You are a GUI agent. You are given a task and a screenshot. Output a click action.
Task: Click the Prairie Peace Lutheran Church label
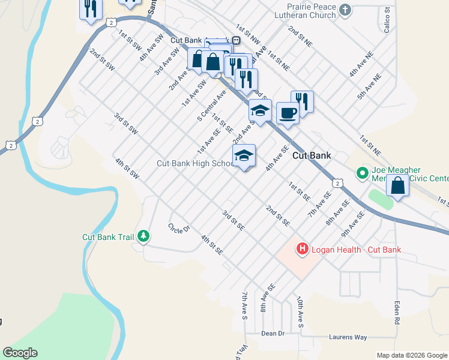tap(303, 10)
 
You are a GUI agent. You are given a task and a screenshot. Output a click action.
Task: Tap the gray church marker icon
tap(345, 10)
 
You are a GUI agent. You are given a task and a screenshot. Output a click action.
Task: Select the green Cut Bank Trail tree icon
tap(143, 236)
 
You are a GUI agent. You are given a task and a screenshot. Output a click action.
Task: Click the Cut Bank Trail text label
tap(108, 237)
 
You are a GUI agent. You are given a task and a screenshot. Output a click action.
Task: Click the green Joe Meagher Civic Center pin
tap(362, 173)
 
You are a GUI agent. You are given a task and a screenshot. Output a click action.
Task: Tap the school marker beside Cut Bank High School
tap(244, 156)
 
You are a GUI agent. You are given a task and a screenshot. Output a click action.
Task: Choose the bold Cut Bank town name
tap(312, 155)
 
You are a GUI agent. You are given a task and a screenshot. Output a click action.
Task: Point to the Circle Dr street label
tap(179, 228)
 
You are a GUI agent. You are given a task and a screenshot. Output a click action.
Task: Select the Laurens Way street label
tap(348, 337)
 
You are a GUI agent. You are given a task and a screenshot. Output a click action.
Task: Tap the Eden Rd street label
tap(397, 312)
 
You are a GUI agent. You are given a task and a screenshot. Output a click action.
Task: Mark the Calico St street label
tap(387, 19)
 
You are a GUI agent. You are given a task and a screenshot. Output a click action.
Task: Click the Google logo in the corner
tap(20, 353)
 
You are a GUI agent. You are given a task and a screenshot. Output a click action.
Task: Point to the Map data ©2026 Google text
tap(412, 355)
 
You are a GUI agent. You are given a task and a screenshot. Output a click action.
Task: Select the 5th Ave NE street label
tap(370, 87)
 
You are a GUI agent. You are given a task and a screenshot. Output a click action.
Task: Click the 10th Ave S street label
tap(300, 311)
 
